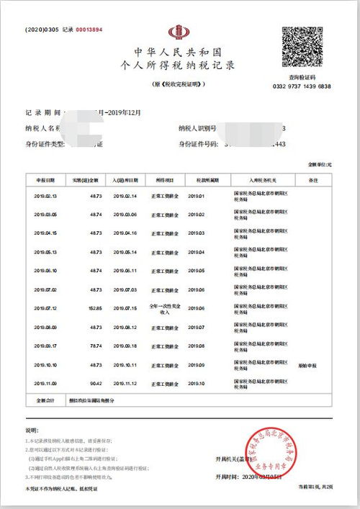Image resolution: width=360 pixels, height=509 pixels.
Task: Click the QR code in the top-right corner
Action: [x=305, y=48]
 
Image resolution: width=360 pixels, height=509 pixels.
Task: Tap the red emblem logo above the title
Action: [x=176, y=33]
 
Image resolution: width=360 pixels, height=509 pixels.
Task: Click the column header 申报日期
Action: [x=45, y=179]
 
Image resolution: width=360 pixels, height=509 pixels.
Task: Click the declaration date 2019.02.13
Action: [x=45, y=196]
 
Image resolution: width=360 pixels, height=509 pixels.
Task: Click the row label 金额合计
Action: [x=45, y=400]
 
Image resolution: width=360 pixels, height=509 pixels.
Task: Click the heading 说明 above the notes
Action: [x=31, y=430]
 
